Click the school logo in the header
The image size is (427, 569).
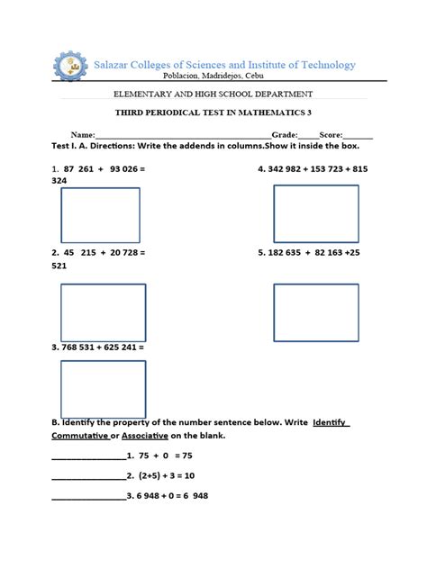click(x=68, y=67)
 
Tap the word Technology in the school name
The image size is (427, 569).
click(x=321, y=65)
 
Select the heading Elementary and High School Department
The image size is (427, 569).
click(x=213, y=95)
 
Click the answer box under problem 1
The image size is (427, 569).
click(x=100, y=215)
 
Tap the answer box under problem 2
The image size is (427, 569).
click(x=103, y=312)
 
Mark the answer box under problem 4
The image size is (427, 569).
click(x=315, y=214)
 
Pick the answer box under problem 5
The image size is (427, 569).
click(x=315, y=312)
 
